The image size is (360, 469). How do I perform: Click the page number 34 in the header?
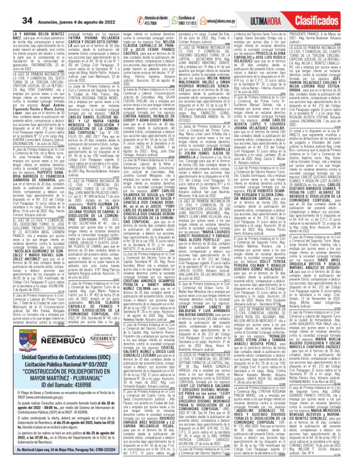tap(11, 22)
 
